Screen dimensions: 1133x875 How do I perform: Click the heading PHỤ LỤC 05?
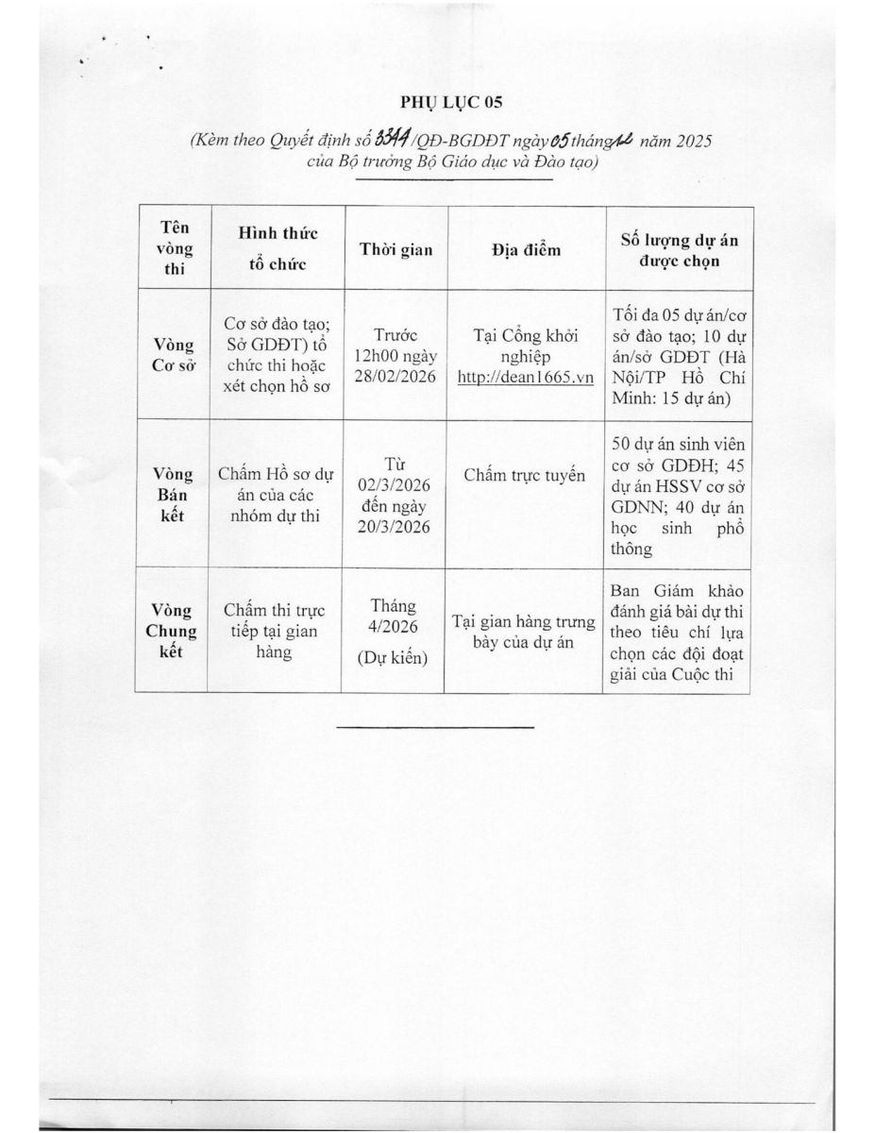[x=437, y=102]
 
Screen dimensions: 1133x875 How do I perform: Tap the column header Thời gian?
[x=396, y=249]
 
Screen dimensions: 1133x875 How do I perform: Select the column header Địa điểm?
[x=526, y=249]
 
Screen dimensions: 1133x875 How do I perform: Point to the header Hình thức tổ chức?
[x=278, y=248]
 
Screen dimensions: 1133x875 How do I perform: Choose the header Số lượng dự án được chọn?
[x=678, y=249]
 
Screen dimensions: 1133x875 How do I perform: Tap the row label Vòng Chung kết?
[x=172, y=631]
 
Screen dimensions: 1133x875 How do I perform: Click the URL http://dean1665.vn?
[x=525, y=377]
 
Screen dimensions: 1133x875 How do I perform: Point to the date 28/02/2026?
[x=396, y=377]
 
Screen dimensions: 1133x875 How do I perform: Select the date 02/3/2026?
[x=396, y=485]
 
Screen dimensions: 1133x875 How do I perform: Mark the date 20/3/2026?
[x=396, y=527]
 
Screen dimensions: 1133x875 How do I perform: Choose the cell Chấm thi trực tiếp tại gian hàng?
[x=278, y=631]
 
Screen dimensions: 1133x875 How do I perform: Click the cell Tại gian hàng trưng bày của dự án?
[x=525, y=632]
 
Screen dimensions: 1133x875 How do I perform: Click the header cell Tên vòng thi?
[x=172, y=249]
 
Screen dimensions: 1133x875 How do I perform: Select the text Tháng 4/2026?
[x=393, y=616]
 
